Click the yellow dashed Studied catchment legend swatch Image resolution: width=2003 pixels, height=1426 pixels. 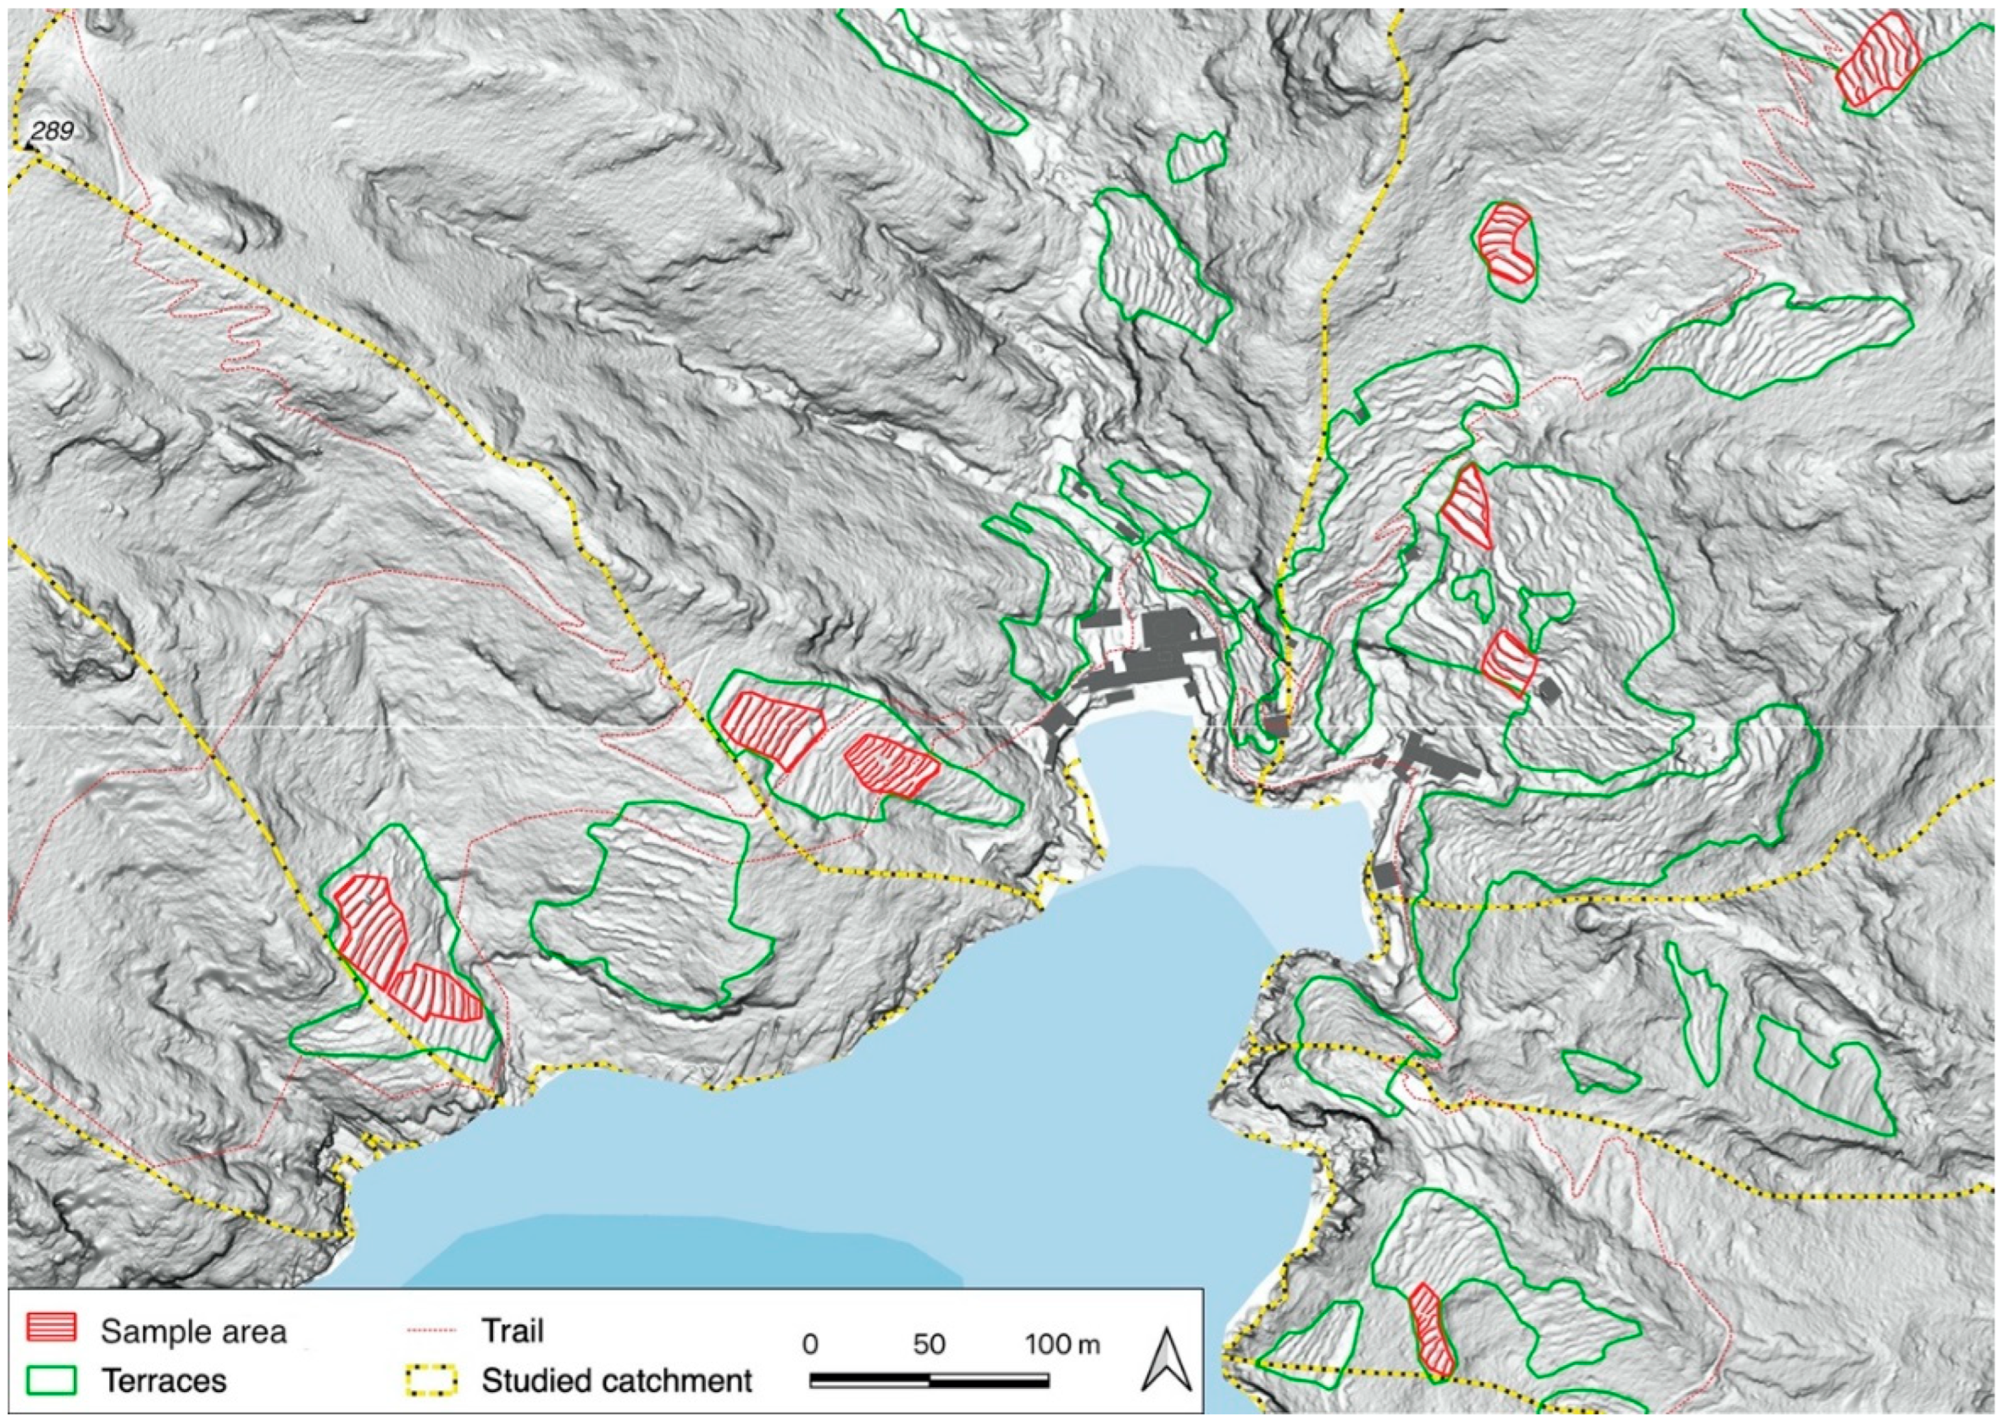[430, 1381]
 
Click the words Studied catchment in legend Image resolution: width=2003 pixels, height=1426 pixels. [616, 1381]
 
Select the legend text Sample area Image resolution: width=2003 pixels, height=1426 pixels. [193, 1331]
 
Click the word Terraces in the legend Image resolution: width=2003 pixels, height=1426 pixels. [164, 1381]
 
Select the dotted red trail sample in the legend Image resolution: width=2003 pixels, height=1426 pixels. [430, 1331]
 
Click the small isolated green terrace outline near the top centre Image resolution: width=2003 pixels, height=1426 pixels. [1196, 157]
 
